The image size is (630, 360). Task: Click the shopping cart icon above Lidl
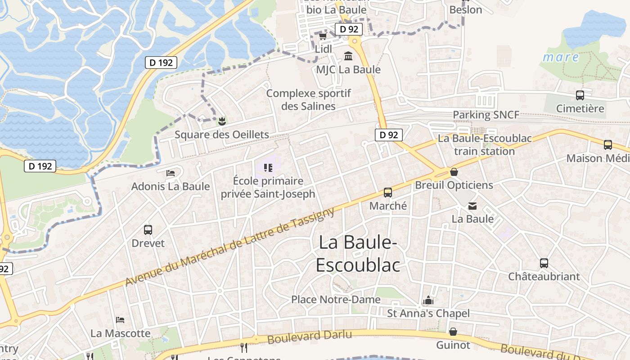[x=323, y=36]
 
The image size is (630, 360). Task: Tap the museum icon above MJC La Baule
[x=348, y=56]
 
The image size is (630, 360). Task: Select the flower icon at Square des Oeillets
[x=221, y=121]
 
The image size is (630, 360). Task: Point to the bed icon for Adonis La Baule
[x=171, y=173]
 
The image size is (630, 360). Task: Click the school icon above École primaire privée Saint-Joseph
[x=268, y=168]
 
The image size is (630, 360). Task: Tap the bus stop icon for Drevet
[x=148, y=230]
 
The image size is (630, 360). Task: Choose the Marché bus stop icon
[x=388, y=193]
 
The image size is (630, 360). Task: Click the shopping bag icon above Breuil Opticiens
[x=454, y=172]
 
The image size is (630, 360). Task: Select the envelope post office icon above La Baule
[x=472, y=206]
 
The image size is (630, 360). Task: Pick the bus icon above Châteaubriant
[x=544, y=263]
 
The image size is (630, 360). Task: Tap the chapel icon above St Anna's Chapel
[x=428, y=300]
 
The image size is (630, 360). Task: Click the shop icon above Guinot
[x=453, y=332]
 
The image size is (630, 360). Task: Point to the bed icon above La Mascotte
[x=120, y=320]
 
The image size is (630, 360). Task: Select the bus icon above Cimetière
[x=580, y=95]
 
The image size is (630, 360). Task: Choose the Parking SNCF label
[x=486, y=115]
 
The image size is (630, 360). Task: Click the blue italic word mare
[x=561, y=57]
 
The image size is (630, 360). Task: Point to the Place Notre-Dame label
[x=336, y=299]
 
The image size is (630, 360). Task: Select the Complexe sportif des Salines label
[x=308, y=100]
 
